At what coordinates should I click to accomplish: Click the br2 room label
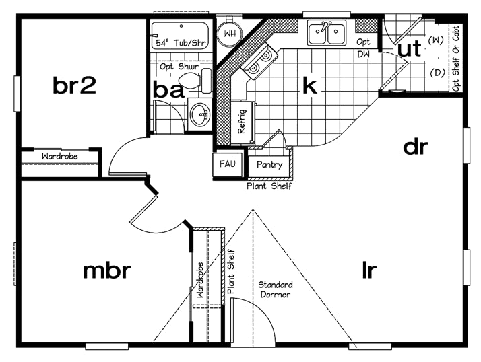coord(75,85)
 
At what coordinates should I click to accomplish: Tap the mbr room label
coord(106,270)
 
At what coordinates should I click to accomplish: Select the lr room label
coord(368,270)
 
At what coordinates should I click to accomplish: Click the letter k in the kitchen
coord(309,85)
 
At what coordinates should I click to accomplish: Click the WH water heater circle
coord(229,32)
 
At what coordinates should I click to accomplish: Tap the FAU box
coord(224,164)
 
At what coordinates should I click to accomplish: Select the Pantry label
coord(269,164)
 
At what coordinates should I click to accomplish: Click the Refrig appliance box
coord(242,122)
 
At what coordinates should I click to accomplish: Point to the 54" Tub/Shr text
coord(181,42)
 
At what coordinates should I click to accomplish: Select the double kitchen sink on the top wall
coord(327,33)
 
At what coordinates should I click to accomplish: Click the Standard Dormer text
coord(275,289)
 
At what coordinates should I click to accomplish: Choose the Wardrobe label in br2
coord(59,156)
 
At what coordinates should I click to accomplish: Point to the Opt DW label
coord(363,47)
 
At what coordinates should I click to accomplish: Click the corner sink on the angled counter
coord(255,67)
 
